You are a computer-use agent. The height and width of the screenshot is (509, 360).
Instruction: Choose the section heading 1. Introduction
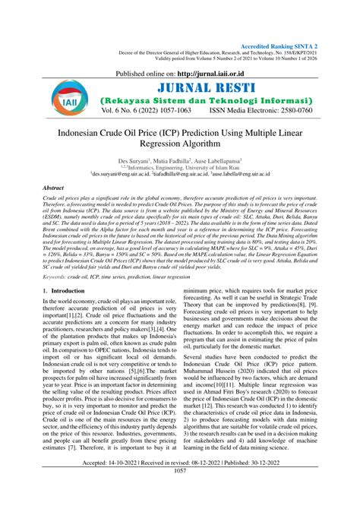(47, 291)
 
